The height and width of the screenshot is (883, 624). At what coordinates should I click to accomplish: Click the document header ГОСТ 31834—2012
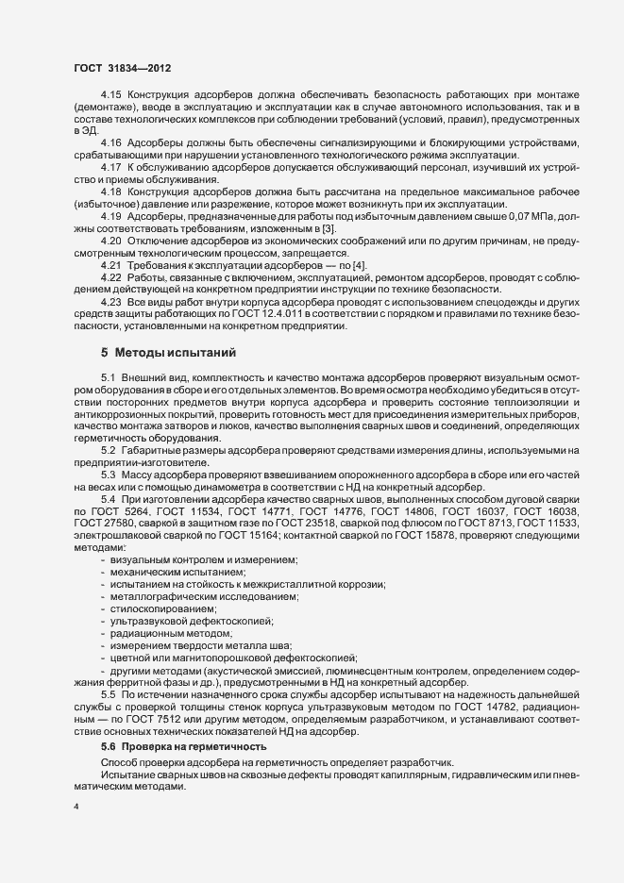122,68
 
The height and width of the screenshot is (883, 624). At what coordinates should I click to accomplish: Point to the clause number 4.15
111,96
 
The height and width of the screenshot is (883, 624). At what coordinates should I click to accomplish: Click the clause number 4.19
111,242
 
